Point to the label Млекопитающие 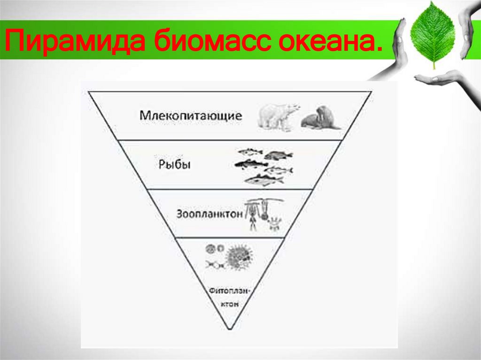coord(191,115)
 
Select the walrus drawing coord(319,118)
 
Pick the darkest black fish coord(250,164)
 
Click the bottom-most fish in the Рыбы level coord(264,179)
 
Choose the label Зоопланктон coord(211,214)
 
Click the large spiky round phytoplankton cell coord(239,257)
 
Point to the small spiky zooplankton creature coord(273,223)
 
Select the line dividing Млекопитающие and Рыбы coord(230,140)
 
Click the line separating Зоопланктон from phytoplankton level coord(230,237)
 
